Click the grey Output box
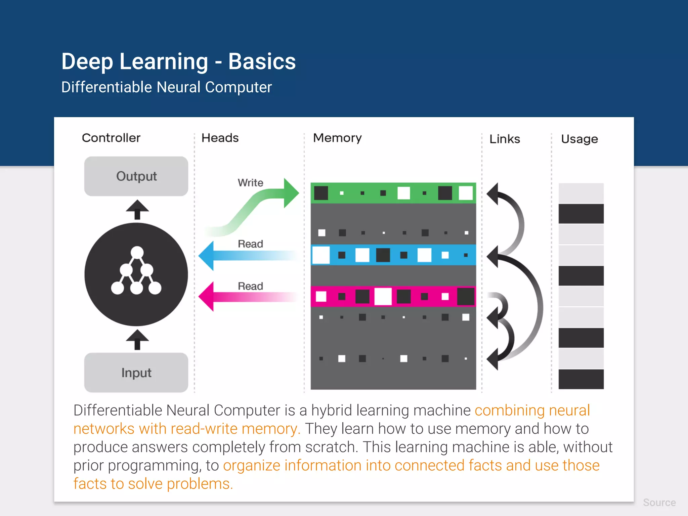tap(136, 176)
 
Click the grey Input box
tap(136, 373)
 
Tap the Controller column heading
tap(111, 138)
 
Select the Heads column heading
tap(220, 138)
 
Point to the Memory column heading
tap(337, 138)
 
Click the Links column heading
tap(505, 139)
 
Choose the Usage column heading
tap(579, 139)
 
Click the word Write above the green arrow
tap(250, 183)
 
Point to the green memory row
tap(393, 193)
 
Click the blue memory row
tap(393, 255)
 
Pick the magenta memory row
tap(393, 296)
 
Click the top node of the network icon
tap(137, 253)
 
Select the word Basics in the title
tap(262, 61)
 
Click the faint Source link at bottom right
tap(659, 503)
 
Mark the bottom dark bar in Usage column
tap(581, 379)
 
